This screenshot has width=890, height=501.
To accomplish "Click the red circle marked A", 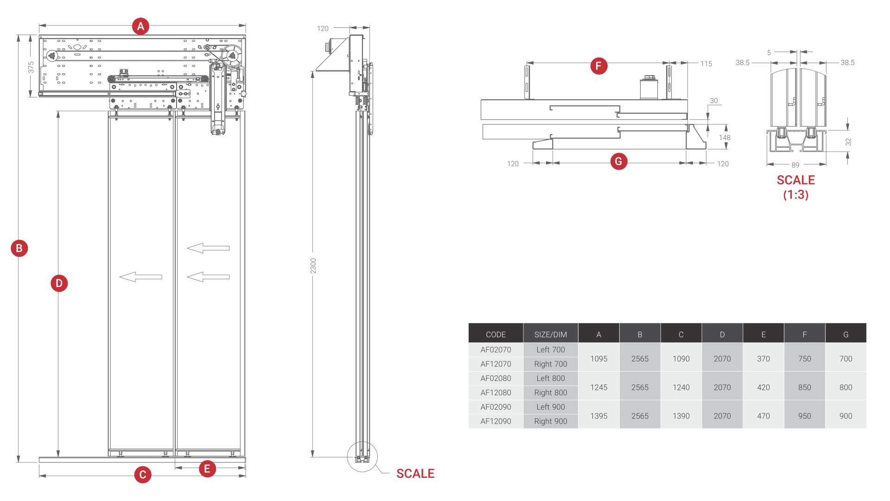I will [x=140, y=26].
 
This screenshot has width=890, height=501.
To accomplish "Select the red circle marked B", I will [x=19, y=248].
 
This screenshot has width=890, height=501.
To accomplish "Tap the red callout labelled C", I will [x=143, y=475].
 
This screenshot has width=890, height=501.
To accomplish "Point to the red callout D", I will [x=59, y=283].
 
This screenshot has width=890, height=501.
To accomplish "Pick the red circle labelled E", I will [x=207, y=469].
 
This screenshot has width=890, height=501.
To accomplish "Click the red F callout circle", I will [x=598, y=66].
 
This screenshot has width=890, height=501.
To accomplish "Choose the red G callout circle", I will [x=618, y=161].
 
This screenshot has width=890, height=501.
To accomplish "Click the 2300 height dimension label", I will [x=313, y=266].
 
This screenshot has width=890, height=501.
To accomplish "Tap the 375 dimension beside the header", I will [x=31, y=67].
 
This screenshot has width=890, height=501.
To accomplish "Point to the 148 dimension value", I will [x=725, y=138].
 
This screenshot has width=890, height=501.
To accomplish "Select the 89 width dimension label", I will [x=795, y=165].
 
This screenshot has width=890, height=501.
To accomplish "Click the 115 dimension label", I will [x=706, y=64].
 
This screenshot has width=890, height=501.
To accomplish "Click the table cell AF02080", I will [x=496, y=379].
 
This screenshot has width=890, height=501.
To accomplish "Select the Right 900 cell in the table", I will [x=550, y=421].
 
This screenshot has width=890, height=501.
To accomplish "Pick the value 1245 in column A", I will [x=598, y=387].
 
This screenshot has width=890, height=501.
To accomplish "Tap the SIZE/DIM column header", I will [x=550, y=334].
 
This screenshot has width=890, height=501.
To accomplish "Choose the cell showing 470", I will [x=763, y=416].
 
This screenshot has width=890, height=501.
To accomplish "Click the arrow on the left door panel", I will [x=140, y=277].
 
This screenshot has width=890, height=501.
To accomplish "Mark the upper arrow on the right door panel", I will [x=208, y=248].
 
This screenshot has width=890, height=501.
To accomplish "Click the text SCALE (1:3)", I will [x=795, y=187].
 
